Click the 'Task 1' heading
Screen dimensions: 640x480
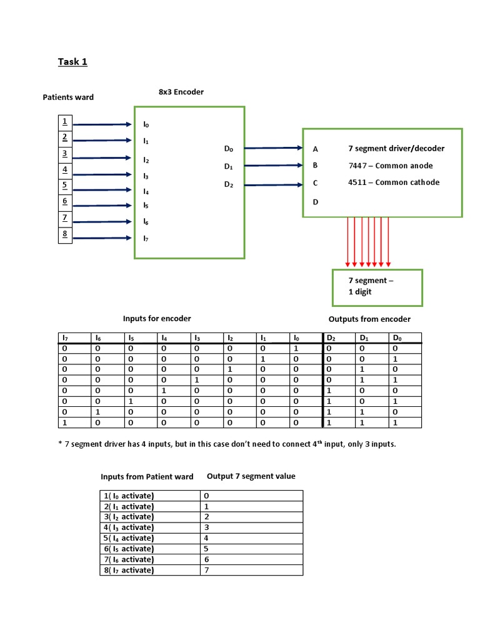(x=72, y=61)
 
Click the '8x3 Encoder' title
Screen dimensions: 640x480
(x=181, y=92)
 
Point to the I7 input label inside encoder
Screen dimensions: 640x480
(x=146, y=238)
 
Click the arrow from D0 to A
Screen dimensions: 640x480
(x=273, y=148)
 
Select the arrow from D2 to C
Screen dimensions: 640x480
(x=273, y=184)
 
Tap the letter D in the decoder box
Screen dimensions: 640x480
(x=316, y=202)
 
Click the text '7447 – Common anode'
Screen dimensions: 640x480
(x=390, y=166)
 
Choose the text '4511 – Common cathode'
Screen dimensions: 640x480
(x=394, y=182)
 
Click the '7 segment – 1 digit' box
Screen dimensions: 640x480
(x=376, y=287)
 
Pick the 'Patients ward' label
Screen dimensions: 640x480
(x=68, y=97)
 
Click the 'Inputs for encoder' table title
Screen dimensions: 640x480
(x=157, y=319)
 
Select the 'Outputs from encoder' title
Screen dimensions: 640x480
(x=369, y=319)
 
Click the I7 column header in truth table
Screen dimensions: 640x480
(x=64, y=338)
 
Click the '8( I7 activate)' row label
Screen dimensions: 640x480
(x=129, y=570)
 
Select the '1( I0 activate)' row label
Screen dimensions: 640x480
(x=129, y=496)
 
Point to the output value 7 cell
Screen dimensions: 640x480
(x=207, y=570)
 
